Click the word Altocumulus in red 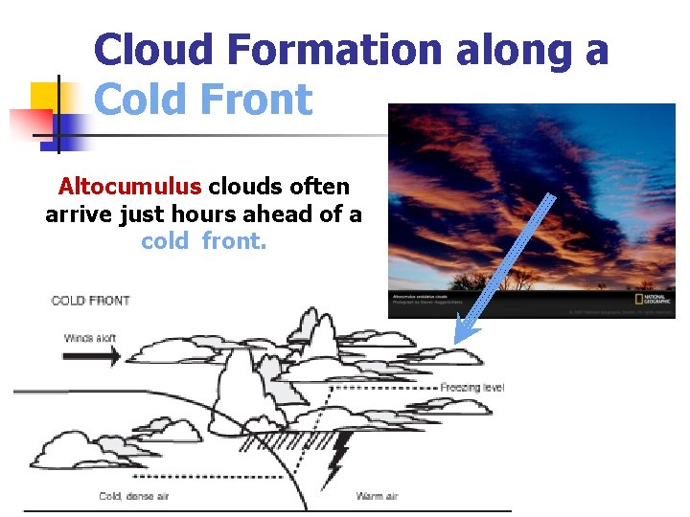(129, 186)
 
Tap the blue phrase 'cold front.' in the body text (203, 241)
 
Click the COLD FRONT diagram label (90, 301)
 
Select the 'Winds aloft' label (92, 338)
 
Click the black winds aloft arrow (92, 356)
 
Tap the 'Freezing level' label (471, 388)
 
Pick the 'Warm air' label (377, 496)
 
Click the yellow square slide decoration (46, 98)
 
